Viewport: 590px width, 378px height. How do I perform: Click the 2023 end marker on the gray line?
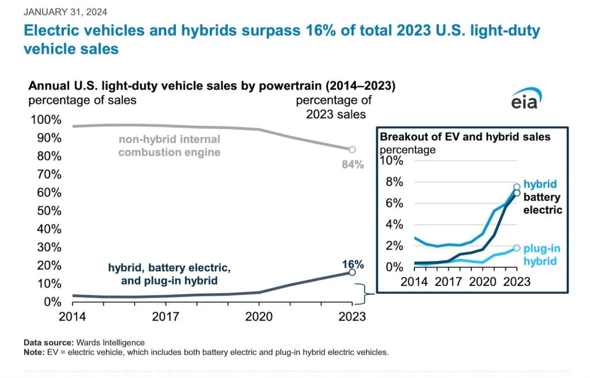pyautogui.click(x=352, y=149)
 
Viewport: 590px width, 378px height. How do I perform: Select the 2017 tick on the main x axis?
pyautogui.click(x=165, y=316)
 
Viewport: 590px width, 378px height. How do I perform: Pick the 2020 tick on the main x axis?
pyautogui.click(x=259, y=316)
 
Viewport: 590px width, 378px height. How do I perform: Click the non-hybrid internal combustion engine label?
pyautogui.click(x=169, y=146)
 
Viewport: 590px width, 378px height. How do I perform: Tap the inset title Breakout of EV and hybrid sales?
pyautogui.click(x=465, y=137)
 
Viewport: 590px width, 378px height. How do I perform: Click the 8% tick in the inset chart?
pyautogui.click(x=391, y=182)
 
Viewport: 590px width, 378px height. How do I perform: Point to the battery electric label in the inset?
pyautogui.click(x=542, y=204)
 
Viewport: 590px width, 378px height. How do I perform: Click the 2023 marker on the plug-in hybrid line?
pyautogui.click(x=517, y=248)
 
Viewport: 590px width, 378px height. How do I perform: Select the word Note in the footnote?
pyautogui.click(x=33, y=351)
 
